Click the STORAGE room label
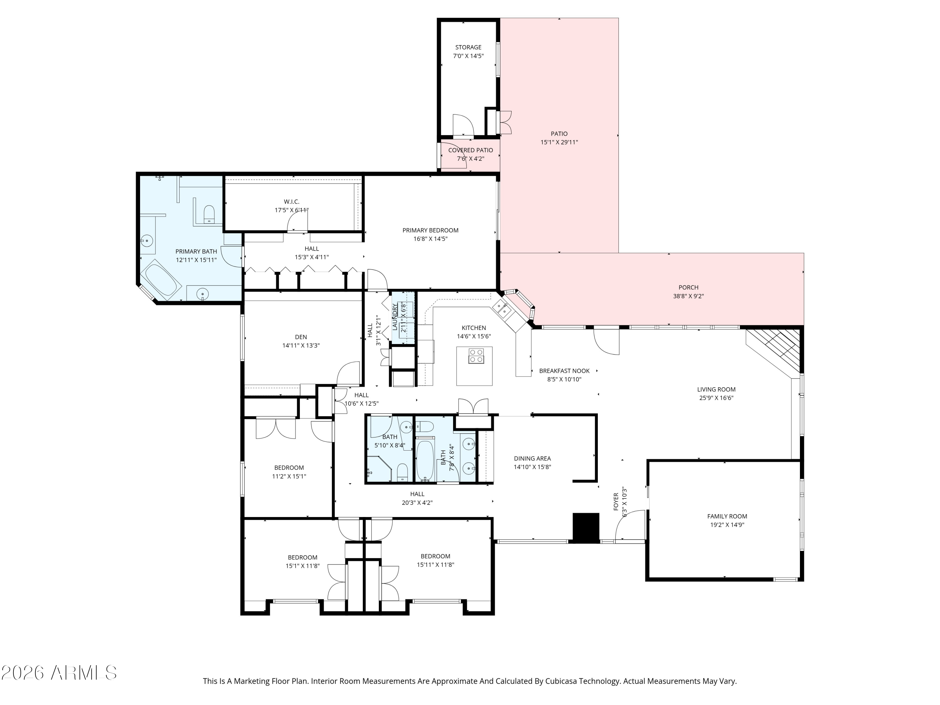point(468,47)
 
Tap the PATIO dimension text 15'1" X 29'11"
point(559,142)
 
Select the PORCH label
point(688,287)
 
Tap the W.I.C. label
point(291,201)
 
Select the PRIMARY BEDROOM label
point(431,230)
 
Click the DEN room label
point(301,337)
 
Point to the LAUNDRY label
point(395,316)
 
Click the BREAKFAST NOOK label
point(564,371)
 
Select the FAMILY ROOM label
point(727,516)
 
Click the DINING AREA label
point(532,458)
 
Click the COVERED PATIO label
point(470,150)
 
